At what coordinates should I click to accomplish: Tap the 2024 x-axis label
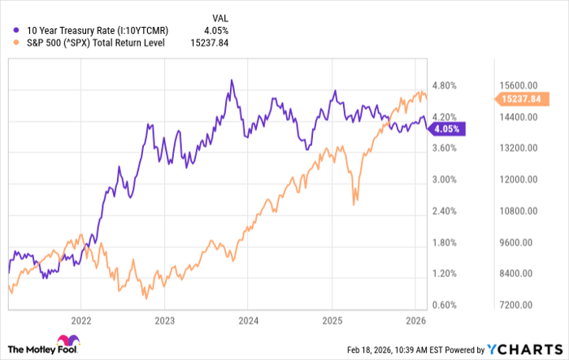tap(248, 321)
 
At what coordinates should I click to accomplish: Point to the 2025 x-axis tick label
tap(332, 321)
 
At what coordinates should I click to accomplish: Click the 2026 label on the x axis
tap(415, 321)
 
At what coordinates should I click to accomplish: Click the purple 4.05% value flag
tap(448, 128)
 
